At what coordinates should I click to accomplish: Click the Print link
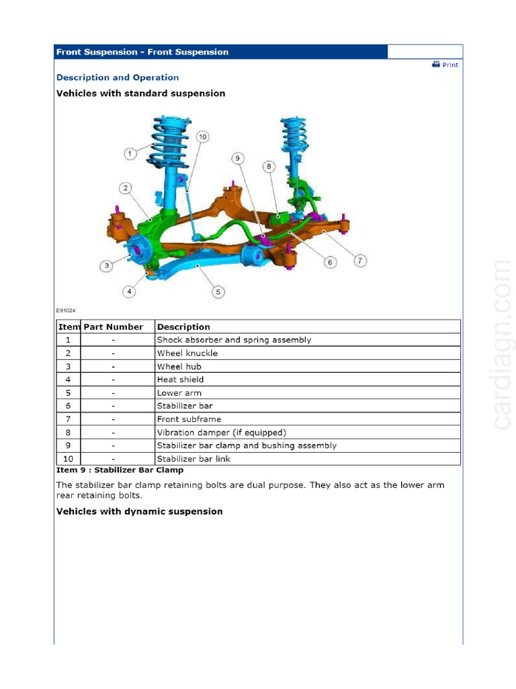(x=446, y=65)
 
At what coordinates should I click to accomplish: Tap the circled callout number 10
(x=202, y=137)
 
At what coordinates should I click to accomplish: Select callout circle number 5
(x=218, y=292)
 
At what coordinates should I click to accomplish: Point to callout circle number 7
(x=361, y=260)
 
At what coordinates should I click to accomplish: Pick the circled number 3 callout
(x=107, y=266)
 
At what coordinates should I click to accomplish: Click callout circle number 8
(x=268, y=166)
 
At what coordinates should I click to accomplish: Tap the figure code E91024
(x=65, y=311)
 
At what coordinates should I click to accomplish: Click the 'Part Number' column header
(x=113, y=327)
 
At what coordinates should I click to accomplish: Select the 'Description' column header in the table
(x=183, y=327)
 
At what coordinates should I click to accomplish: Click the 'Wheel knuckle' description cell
(x=187, y=353)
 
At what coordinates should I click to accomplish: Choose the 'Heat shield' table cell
(x=180, y=379)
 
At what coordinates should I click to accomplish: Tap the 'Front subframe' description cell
(x=189, y=419)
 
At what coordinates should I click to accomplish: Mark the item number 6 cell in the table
(x=68, y=406)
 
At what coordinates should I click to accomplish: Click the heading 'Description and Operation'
(x=118, y=78)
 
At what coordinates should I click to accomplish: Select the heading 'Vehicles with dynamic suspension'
(x=139, y=511)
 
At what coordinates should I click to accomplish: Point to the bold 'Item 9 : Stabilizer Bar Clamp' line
(x=120, y=470)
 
